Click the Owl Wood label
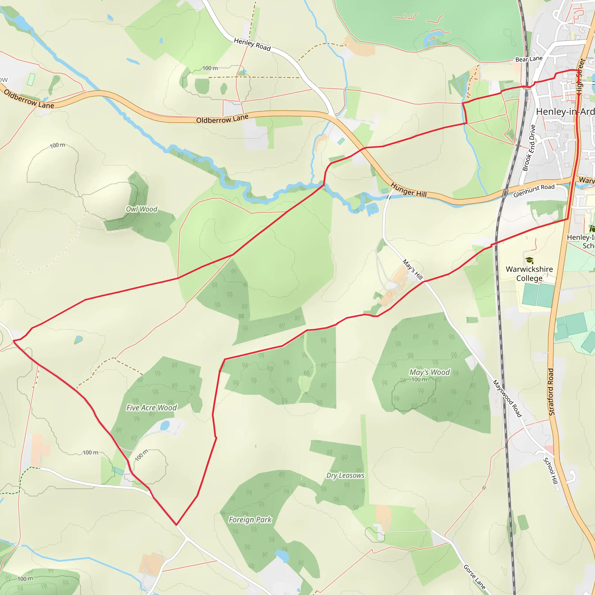click(x=142, y=209)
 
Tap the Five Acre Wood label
click(x=152, y=408)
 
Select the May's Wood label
click(x=430, y=372)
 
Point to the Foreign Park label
click(x=250, y=520)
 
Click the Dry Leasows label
click(x=345, y=476)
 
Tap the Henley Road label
click(x=252, y=44)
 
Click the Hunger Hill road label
click(x=409, y=190)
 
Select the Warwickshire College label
click(x=529, y=273)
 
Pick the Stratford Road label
click(x=551, y=392)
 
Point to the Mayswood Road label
click(x=507, y=399)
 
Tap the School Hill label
click(x=550, y=471)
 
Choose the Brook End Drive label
click(x=529, y=148)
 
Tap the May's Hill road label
click(x=413, y=270)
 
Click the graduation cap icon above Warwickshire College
click(x=529, y=260)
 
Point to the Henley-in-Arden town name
click(x=565, y=112)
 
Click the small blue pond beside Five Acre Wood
click(x=165, y=425)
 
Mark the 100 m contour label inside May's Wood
click(x=420, y=380)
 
